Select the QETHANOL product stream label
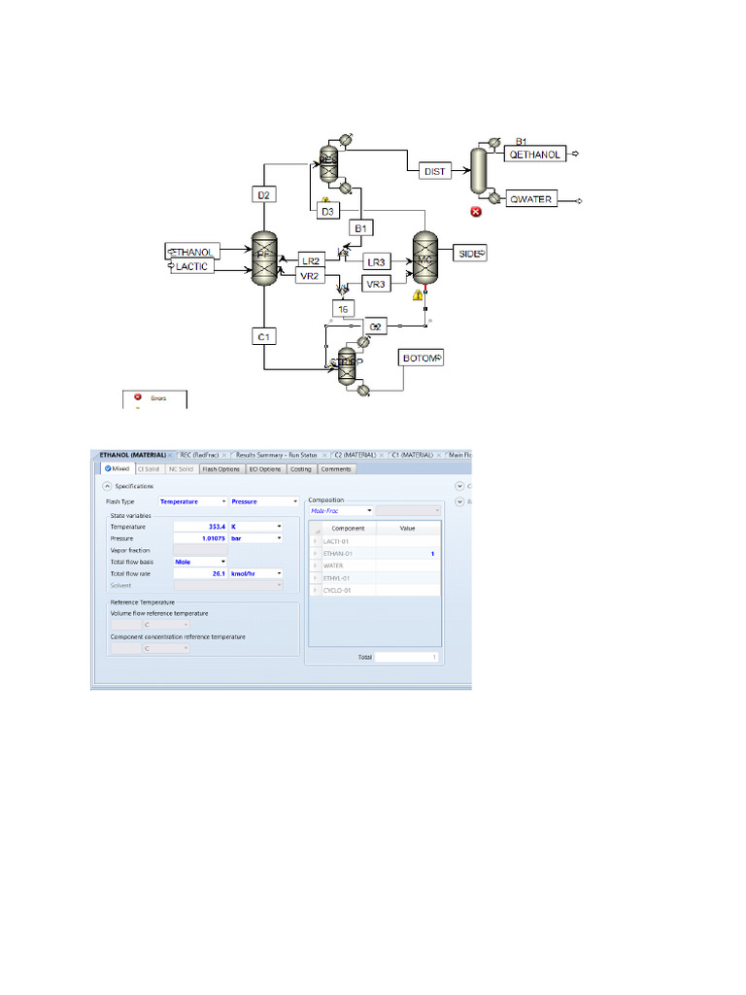[x=535, y=154]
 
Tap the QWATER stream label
[x=530, y=200]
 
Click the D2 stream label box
[x=263, y=194]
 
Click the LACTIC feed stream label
[x=192, y=266]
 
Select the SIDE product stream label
[x=470, y=253]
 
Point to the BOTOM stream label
[x=420, y=359]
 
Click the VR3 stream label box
[x=376, y=284]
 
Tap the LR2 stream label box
[x=311, y=260]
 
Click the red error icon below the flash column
[x=476, y=211]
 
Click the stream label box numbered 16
[x=344, y=308]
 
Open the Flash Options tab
[x=220, y=469]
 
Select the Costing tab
[x=300, y=469]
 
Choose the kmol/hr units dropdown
[x=255, y=573]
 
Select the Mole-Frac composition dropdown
[x=341, y=510]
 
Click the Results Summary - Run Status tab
[x=276, y=455]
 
